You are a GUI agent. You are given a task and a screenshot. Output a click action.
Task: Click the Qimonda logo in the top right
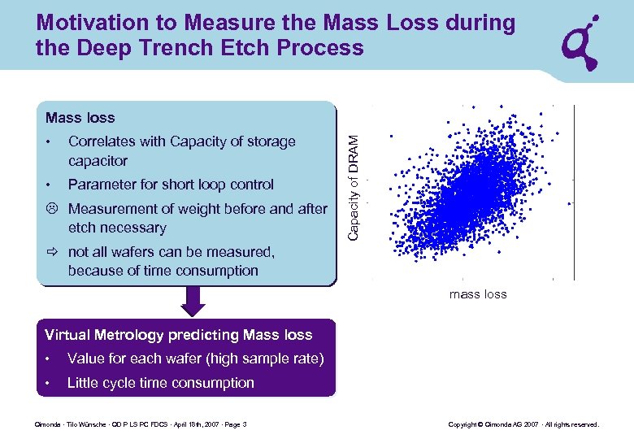(583, 41)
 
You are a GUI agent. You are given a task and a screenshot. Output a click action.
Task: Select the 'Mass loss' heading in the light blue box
(80, 119)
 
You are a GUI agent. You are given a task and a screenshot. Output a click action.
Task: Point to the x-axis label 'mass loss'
(477, 294)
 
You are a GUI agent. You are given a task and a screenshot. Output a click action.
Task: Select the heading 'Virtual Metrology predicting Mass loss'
(178, 335)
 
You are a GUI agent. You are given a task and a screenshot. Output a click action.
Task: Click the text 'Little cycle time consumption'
(160, 383)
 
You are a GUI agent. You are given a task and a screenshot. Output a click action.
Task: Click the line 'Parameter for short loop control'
(171, 185)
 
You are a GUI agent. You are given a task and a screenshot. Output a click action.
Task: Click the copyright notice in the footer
(523, 424)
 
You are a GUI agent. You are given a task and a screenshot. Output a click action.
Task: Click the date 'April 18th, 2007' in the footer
(189, 424)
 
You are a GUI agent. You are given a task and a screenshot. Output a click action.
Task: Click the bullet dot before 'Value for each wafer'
(50, 359)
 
